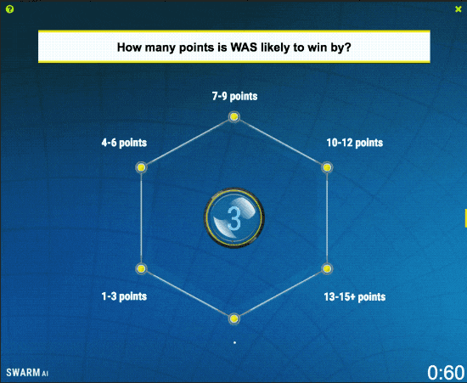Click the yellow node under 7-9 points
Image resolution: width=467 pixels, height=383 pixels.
(234, 116)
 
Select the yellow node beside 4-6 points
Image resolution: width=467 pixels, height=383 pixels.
(141, 167)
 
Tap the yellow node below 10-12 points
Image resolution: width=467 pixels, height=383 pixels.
(327, 167)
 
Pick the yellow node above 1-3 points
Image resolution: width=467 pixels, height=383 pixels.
(141, 268)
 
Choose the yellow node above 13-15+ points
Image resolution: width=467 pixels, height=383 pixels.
(327, 268)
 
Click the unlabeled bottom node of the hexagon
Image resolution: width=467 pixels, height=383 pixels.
(234, 319)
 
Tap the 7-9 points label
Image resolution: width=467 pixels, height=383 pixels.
(234, 96)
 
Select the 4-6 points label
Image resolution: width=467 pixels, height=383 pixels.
(124, 143)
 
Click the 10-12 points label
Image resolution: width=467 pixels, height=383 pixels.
(355, 143)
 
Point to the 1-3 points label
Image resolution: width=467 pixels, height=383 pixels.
(124, 296)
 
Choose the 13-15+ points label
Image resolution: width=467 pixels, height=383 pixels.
(355, 296)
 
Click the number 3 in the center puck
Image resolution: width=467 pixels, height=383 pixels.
(234, 219)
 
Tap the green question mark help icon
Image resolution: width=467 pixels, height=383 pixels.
(9, 9)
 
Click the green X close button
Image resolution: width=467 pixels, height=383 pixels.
(459, 9)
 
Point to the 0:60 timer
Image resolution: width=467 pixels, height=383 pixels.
(446, 373)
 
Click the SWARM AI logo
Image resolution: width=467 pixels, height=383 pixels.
(27, 373)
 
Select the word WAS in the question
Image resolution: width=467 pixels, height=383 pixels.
(244, 47)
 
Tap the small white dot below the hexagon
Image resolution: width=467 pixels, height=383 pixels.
(234, 343)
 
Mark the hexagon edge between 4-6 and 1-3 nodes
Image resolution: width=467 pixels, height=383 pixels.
(141, 218)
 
